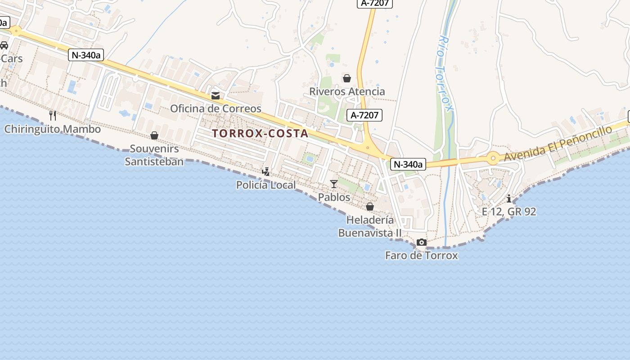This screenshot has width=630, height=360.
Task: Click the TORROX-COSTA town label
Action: (260, 133)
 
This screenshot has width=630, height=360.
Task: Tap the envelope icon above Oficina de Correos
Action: (216, 95)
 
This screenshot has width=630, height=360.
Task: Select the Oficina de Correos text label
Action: (216, 108)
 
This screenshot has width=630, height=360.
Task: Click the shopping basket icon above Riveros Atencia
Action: (347, 78)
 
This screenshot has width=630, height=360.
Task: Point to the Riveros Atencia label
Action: (347, 91)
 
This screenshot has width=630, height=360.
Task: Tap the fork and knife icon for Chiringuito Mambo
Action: (53, 116)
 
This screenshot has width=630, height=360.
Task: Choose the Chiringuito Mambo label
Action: (53, 129)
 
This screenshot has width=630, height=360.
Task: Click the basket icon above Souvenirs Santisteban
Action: (154, 135)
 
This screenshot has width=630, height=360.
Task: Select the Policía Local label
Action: (266, 185)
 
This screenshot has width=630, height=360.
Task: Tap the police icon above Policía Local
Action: (266, 171)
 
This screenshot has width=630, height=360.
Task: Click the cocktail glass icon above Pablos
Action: (333, 184)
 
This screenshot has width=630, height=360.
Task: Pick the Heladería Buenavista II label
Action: (370, 226)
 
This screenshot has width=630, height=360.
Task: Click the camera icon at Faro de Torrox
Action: (422, 242)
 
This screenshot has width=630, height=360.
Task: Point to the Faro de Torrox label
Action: (421, 256)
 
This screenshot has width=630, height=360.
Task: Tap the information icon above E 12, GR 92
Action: (509, 198)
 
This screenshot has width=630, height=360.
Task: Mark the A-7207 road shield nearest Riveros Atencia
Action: (365, 115)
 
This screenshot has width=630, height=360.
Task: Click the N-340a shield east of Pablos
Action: (408, 164)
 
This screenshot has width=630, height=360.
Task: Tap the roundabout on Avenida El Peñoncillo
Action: (493, 158)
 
